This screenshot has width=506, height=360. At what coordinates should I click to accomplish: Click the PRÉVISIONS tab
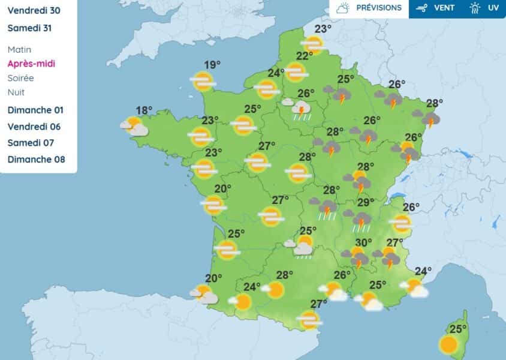369,8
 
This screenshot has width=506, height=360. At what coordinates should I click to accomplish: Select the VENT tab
436,8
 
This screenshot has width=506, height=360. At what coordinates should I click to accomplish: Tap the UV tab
485,8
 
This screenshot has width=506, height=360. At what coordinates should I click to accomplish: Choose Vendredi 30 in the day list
34,10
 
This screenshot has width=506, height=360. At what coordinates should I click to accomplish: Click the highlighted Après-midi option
31,64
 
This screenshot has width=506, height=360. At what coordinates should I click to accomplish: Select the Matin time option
19,50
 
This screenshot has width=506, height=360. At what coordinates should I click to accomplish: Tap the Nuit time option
16,92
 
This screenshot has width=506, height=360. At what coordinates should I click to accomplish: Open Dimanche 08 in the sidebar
37,159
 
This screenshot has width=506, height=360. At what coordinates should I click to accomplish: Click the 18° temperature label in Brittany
144,110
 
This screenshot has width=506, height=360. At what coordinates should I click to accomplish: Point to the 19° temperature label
212,65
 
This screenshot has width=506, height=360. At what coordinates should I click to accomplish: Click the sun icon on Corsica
448,344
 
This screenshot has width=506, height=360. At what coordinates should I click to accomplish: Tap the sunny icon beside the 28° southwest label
275,290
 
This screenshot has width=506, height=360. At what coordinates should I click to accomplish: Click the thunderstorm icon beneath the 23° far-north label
313,44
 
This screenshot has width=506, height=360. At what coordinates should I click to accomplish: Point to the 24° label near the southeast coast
423,271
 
